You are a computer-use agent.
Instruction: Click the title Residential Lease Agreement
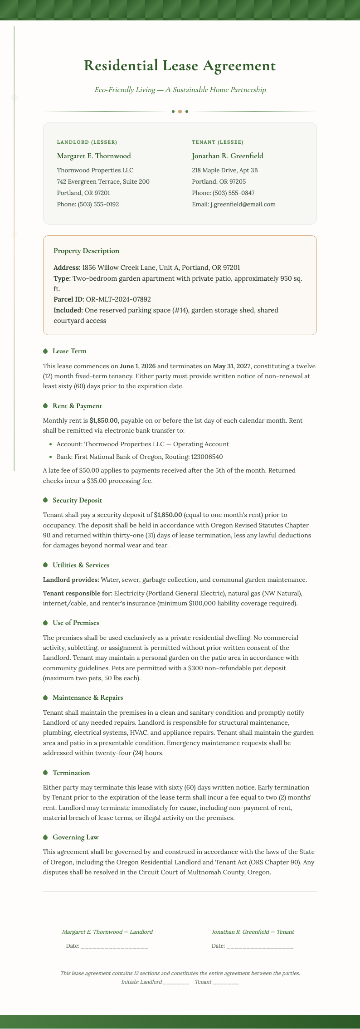click(x=180, y=66)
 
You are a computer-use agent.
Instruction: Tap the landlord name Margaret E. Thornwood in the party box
click(x=94, y=156)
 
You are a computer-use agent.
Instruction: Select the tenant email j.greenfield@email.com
click(x=243, y=205)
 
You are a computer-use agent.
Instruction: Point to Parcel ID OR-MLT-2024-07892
click(x=118, y=299)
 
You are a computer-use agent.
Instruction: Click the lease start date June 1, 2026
click(x=138, y=366)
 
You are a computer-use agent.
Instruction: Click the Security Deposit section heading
click(x=77, y=500)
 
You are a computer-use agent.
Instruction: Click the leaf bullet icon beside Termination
click(x=45, y=773)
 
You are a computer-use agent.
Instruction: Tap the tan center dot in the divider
click(x=180, y=112)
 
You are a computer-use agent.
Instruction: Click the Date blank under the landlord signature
click(x=114, y=946)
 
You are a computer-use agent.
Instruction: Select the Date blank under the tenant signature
click(x=260, y=946)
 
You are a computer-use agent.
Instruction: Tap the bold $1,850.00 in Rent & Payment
click(x=103, y=420)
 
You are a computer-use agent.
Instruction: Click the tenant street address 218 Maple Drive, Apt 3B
click(x=225, y=171)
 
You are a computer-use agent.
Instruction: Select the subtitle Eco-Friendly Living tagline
click(x=180, y=90)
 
